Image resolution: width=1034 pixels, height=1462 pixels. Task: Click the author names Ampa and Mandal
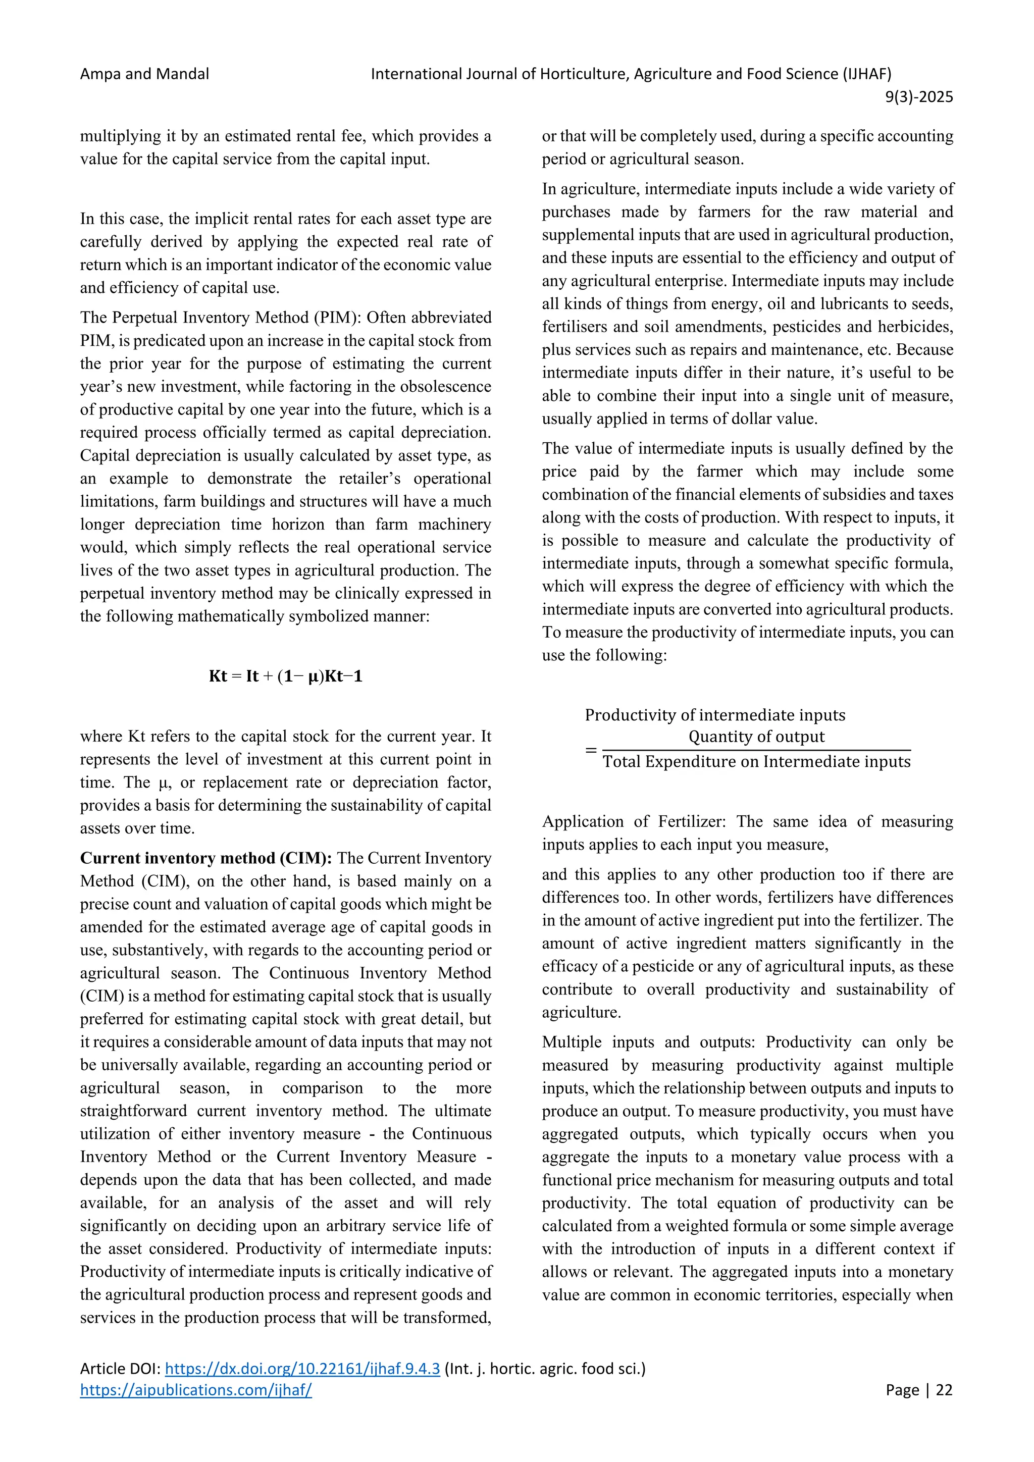tap(144, 74)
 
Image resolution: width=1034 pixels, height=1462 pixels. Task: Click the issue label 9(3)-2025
tap(919, 97)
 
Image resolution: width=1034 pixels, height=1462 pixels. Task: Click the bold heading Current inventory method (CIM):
tap(205, 858)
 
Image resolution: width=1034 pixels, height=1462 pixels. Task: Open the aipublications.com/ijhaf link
tap(195, 1389)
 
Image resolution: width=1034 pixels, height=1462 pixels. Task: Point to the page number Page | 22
tap(919, 1389)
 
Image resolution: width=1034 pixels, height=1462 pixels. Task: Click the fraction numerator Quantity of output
tap(756, 737)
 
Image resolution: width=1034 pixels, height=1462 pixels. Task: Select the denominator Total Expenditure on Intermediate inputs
tap(756, 762)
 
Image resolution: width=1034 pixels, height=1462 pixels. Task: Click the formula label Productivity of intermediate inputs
tap(714, 715)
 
